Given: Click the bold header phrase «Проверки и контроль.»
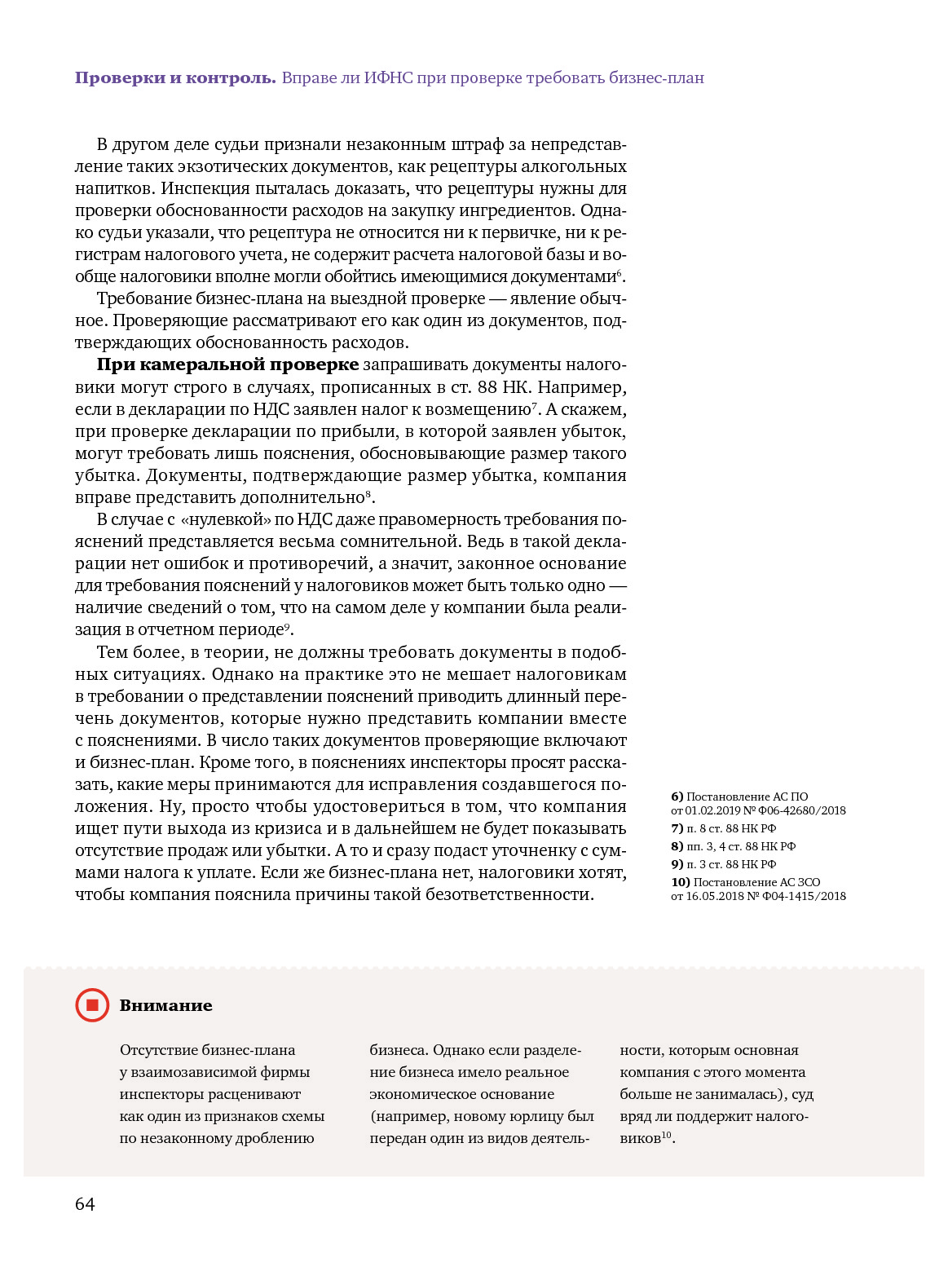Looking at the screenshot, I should [175, 78].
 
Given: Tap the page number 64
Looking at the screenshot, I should [85, 1204].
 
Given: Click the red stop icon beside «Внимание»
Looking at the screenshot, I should [92, 1005].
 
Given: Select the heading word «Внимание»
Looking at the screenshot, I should [165, 1006].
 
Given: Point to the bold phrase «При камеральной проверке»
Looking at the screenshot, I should [227, 364].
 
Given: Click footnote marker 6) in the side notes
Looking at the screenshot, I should [677, 797].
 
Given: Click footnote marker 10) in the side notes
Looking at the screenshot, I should [680, 882].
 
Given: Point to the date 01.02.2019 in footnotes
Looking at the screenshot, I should [712, 810].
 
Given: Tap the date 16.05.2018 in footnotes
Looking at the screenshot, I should [715, 896].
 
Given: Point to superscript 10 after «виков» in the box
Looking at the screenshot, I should [666, 1135].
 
